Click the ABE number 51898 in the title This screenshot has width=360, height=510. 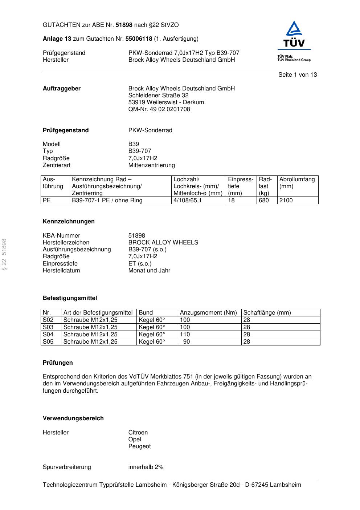[x=124, y=25]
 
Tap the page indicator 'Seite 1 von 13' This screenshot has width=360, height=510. [x=297, y=75]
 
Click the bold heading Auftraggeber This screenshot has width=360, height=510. [x=62, y=89]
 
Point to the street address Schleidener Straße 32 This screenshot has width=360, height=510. [x=158, y=96]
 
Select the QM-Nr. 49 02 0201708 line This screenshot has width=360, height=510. [x=159, y=109]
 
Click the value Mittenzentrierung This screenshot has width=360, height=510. [x=151, y=165]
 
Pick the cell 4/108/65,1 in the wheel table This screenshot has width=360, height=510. [x=188, y=201]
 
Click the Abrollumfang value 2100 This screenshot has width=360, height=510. [x=286, y=201]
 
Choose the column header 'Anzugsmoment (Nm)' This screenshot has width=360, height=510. [x=208, y=313]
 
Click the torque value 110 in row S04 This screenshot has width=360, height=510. [x=185, y=335]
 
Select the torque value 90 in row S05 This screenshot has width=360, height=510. [x=186, y=342]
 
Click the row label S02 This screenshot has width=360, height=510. [x=48, y=320]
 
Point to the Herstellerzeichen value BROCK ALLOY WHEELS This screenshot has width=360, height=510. [x=163, y=243]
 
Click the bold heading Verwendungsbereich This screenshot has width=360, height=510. [x=73, y=418]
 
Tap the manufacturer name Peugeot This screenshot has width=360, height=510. [x=139, y=446]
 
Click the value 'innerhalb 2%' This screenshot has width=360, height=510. [x=146, y=467]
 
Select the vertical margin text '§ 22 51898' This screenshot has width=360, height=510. [x=5, y=254]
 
